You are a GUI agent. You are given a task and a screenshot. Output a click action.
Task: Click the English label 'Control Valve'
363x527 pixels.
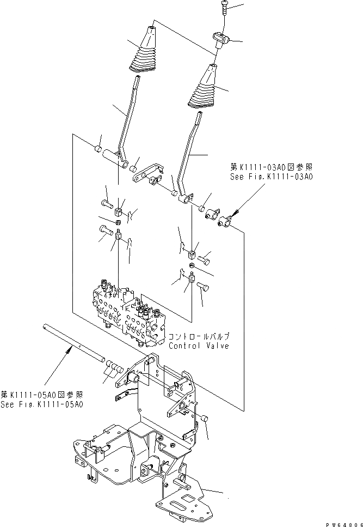(x=199, y=346)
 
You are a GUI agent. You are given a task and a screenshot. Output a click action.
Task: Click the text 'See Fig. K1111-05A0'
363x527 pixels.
(x=42, y=404)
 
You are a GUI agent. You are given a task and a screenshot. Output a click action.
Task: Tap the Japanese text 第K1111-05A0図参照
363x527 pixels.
(x=42, y=395)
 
